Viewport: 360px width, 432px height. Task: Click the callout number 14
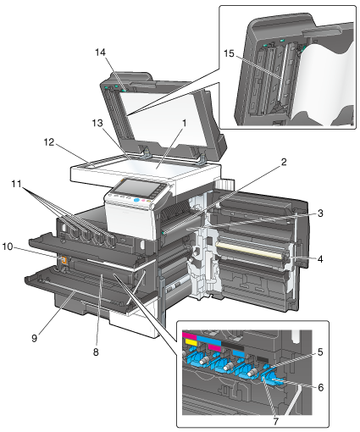point(100,53)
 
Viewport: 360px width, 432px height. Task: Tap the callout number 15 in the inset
point(229,53)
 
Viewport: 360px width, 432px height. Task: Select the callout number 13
point(97,123)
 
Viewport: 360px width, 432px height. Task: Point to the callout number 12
point(49,142)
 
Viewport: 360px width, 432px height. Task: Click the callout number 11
point(16,184)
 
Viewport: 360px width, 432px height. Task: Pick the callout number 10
point(8,246)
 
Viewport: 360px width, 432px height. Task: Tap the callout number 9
point(34,338)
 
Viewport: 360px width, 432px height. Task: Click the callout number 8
point(96,352)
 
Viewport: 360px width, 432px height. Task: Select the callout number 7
point(275,421)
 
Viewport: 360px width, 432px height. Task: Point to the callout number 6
point(320,387)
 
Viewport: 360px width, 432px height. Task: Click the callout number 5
point(320,352)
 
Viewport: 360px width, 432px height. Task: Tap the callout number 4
point(320,258)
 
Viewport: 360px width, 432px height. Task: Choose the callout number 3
point(320,213)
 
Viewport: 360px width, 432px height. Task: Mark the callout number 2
point(284,162)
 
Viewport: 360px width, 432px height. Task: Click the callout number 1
point(184,123)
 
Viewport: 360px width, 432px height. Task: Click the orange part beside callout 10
point(64,260)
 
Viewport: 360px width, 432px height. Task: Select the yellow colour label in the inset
point(191,342)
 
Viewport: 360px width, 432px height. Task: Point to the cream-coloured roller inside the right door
point(249,251)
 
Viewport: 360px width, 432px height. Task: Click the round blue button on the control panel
point(136,200)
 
